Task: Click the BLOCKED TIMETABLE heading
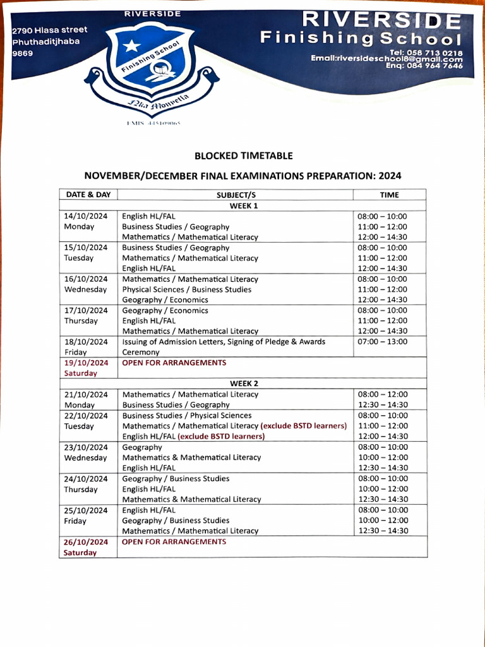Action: [243, 155]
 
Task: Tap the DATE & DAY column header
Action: [88, 195]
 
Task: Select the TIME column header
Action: [389, 195]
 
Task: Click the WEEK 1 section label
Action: [243, 205]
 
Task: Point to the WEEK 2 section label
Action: [243, 384]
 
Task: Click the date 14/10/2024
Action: [86, 216]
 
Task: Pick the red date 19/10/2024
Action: [86, 363]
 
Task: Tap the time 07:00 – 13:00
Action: [383, 342]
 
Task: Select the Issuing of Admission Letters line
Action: [224, 342]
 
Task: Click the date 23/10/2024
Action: [86, 447]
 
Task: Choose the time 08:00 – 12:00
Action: [383, 394]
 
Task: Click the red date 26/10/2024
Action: [86, 542]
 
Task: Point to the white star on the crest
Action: [131, 45]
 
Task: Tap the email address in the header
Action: [386, 58]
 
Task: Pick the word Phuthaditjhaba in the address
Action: [46, 42]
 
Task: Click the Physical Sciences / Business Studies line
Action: [186, 289]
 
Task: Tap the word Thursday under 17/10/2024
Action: [81, 321]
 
